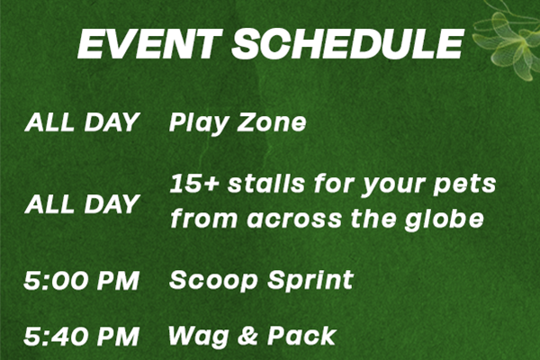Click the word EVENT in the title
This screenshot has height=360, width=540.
click(x=149, y=43)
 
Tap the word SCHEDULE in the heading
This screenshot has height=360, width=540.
click(x=347, y=43)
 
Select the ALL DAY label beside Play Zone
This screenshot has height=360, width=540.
click(x=81, y=122)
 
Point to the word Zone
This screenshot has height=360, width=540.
click(x=272, y=122)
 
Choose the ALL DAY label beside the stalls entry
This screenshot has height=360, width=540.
click(x=81, y=203)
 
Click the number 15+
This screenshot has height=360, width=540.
click(x=194, y=184)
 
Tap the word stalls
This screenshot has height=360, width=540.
click(x=265, y=183)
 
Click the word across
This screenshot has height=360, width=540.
click(x=293, y=220)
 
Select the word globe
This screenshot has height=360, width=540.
click(x=445, y=219)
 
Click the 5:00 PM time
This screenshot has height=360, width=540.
click(x=81, y=280)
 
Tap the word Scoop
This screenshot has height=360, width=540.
click(x=213, y=281)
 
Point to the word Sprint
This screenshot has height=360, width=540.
click(x=310, y=281)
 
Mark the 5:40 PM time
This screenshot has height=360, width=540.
click(x=81, y=337)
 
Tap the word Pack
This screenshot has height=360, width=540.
click(x=301, y=336)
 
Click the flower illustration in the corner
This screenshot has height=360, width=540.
click(x=506, y=40)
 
